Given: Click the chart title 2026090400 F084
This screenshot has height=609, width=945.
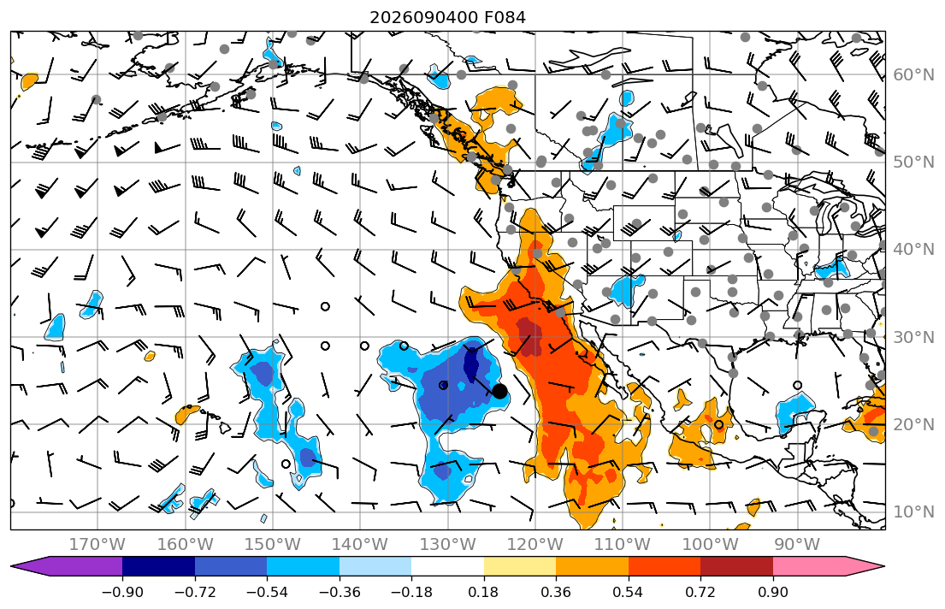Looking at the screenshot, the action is click(447, 17).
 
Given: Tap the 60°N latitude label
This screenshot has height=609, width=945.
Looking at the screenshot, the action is click(913, 74).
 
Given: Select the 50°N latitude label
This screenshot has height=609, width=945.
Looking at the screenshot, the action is click(913, 163).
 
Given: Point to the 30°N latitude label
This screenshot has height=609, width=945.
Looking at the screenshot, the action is click(913, 337).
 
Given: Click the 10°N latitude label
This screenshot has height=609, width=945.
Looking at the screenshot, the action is click(913, 512).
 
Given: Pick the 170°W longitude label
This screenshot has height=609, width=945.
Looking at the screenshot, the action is click(97, 545).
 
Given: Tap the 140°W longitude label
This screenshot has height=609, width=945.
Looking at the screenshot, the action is click(360, 545).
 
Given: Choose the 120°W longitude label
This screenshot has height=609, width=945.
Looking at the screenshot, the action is click(535, 545).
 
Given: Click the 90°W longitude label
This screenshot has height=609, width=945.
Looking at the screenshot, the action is click(797, 545).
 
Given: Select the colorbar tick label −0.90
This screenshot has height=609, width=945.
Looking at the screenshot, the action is click(122, 592).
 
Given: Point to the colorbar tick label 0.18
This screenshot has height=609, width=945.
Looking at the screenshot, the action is click(483, 592).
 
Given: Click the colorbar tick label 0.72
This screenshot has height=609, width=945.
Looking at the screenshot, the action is click(700, 592).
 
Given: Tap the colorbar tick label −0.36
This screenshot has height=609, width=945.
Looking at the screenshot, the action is click(339, 592).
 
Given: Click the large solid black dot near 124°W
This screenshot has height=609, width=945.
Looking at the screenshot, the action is click(499, 392).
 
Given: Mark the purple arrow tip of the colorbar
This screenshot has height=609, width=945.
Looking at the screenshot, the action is click(12, 566).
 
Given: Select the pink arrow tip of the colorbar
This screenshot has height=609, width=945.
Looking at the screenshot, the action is click(883, 566).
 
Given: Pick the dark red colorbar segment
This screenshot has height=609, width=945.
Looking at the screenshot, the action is click(736, 566).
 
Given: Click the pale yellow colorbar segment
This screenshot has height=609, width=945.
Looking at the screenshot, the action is click(519, 566).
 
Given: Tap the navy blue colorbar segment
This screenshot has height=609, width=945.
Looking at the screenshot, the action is click(158, 566).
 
